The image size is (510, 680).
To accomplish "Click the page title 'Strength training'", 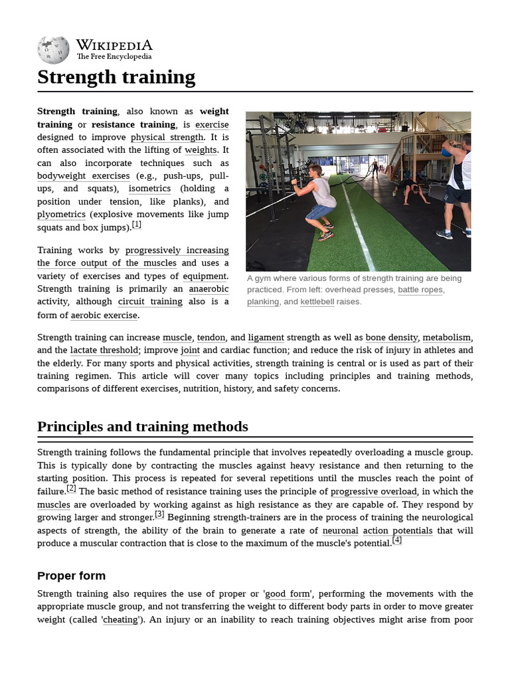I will [116, 77].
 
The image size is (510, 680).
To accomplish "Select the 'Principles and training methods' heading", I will [143, 426].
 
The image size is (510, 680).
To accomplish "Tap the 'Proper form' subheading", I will [71, 575].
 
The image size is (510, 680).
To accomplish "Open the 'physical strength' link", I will [167, 137].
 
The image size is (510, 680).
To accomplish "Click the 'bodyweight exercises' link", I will [84, 176].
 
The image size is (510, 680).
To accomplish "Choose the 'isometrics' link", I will [149, 189].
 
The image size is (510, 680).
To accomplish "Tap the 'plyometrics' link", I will [61, 214].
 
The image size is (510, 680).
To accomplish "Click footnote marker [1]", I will [137, 224].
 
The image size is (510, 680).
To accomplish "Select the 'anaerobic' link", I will [209, 289].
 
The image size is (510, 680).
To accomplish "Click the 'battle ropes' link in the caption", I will [420, 290].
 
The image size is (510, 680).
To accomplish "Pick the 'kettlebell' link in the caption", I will [317, 301].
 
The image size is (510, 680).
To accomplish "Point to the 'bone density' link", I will [392, 337].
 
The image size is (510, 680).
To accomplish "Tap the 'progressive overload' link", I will [374, 491].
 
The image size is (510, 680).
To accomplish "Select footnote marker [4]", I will [397, 540].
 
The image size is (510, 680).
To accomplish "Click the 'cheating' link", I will [120, 619].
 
